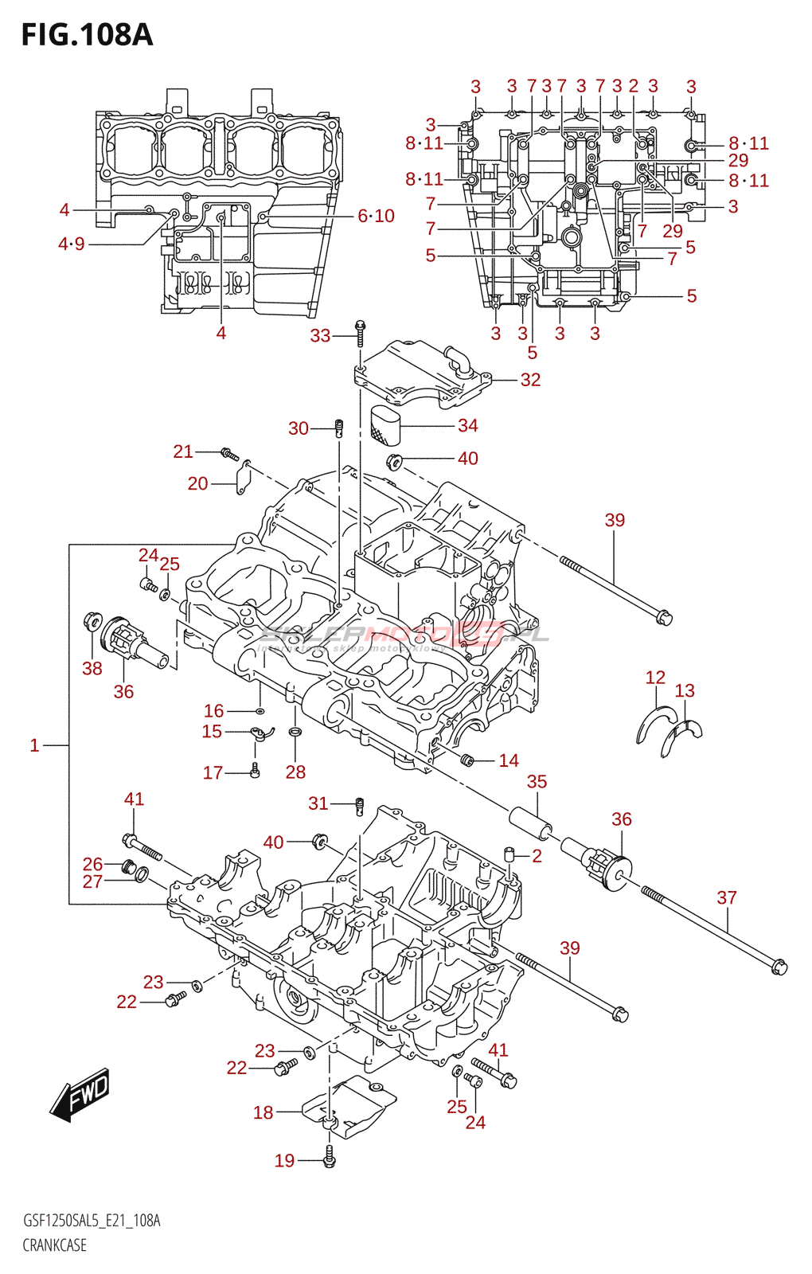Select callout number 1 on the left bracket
coord(34,745)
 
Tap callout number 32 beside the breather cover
coord(530,380)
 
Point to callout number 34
coord(467,426)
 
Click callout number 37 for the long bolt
coord(726,897)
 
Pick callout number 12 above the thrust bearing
coord(654,678)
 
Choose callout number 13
coord(685,690)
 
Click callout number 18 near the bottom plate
coord(264,1112)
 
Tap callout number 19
coord(284,1161)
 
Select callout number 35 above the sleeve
coord(537,782)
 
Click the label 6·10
coord(376,216)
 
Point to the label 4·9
coord(71,244)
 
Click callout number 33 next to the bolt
coord(320,336)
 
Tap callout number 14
coord(509,760)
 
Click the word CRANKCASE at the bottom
coord(54,1245)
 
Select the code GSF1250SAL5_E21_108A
coord(92,1221)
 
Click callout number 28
coord(295,772)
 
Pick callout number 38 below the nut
coord(92,669)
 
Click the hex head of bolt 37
coord(779,967)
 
